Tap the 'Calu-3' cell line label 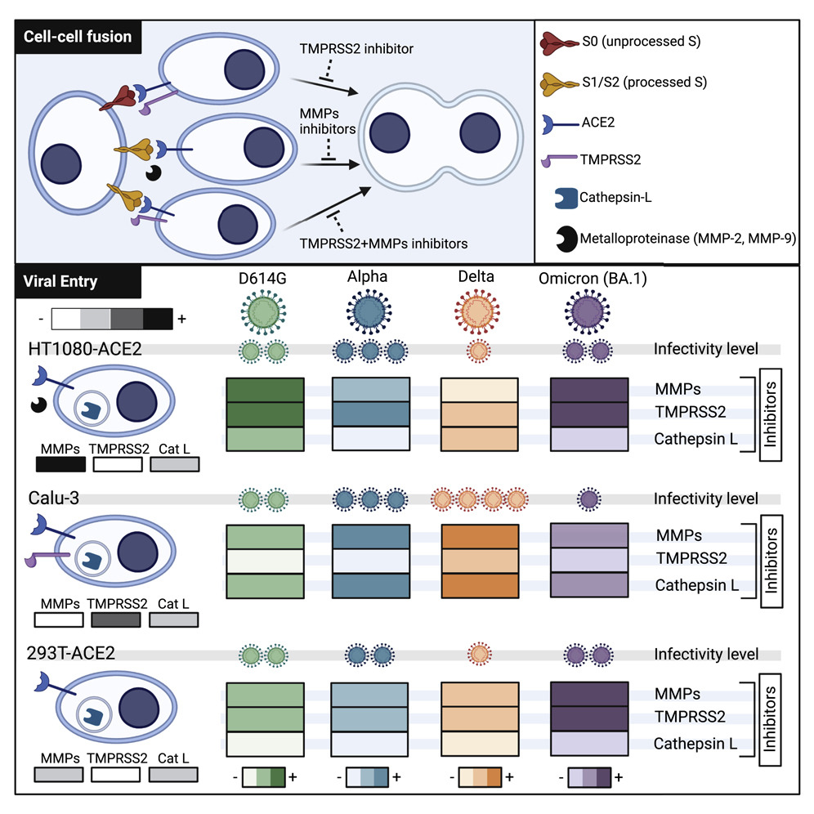(46, 498)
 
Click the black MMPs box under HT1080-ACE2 (61, 464)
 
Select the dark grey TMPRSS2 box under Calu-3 (115, 620)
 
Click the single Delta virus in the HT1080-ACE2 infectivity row (479, 351)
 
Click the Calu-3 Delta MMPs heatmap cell (479, 536)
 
